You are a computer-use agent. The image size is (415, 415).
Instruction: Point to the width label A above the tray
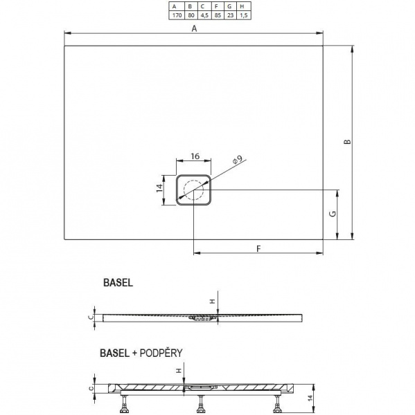[195, 28]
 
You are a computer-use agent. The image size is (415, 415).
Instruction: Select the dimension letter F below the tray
[258, 248]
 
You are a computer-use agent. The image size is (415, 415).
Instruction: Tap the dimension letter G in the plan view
[332, 215]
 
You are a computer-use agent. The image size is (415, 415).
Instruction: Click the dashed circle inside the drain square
[194, 189]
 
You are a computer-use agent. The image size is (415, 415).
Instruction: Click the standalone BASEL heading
[117, 282]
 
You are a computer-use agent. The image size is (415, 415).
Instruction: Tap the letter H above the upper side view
[212, 300]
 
